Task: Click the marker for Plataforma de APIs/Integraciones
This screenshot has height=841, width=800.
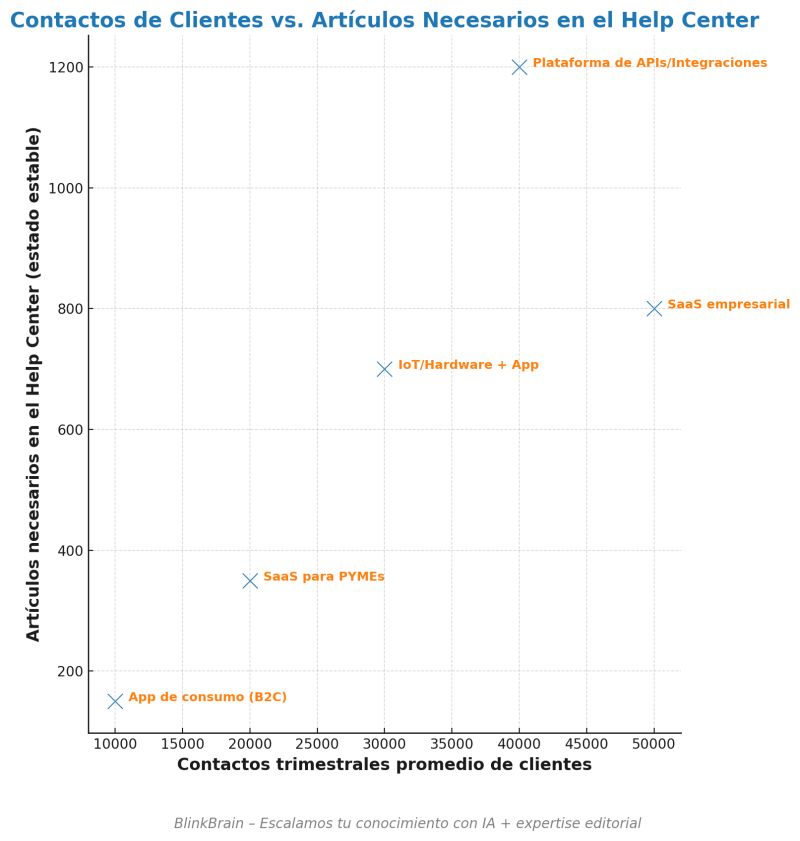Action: pos(519,67)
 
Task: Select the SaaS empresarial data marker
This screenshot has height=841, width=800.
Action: pos(654,308)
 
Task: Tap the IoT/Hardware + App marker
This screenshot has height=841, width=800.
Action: pos(384,369)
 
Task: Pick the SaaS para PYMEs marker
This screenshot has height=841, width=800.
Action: pos(250,580)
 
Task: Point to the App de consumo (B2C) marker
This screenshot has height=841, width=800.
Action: pos(115,701)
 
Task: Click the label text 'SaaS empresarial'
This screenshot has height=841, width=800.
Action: pos(728,304)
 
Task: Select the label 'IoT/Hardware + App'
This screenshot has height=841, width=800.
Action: pos(468,365)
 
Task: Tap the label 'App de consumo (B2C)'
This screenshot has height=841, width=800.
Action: pos(207,697)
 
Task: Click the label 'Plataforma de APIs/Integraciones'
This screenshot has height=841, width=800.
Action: pos(649,63)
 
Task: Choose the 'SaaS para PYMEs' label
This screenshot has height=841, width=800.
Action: pos(323,577)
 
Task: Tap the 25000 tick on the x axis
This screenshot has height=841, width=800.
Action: pos(317,744)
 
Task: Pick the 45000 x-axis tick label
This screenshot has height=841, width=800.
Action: pos(586,744)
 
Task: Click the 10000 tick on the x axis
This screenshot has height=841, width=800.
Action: pos(115,744)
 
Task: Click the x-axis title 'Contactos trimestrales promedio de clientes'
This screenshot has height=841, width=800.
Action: pos(384,765)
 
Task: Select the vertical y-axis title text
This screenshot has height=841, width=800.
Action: pos(34,384)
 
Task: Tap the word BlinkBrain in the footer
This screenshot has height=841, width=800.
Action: pos(209,824)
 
